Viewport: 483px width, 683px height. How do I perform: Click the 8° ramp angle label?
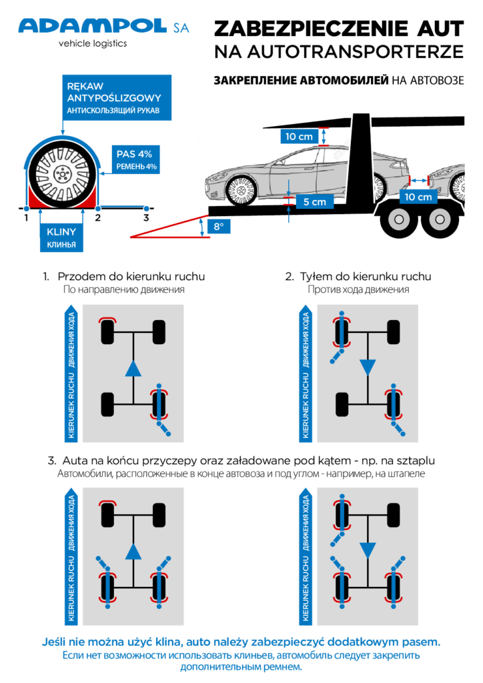pos(218,227)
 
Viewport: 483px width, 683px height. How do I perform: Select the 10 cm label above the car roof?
pos(299,137)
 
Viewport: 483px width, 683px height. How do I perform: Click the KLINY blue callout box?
pos(61,239)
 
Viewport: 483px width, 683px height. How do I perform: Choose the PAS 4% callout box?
pos(136,160)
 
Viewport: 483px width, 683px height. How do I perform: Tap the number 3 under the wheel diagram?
pos(146,217)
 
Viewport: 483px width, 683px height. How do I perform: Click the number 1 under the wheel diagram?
pos(25,217)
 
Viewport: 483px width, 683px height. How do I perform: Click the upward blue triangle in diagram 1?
pos(133,368)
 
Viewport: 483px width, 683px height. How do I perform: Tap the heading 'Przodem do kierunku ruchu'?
pos(131,276)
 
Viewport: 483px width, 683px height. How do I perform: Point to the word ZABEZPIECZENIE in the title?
pos(314,28)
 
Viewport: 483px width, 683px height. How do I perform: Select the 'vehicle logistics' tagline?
pos(93,43)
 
